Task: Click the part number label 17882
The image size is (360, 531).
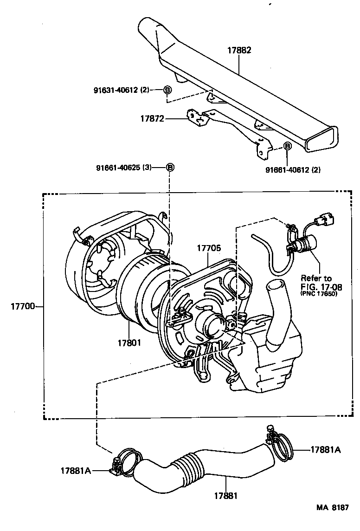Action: pyautogui.click(x=239, y=51)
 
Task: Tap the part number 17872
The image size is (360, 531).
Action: pyautogui.click(x=152, y=119)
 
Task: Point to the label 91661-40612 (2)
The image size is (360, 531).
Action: pyautogui.click(x=293, y=170)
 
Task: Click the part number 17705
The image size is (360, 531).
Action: pyautogui.click(x=208, y=248)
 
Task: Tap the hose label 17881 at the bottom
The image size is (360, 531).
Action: pyautogui.click(x=226, y=496)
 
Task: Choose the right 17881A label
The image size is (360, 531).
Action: pyautogui.click(x=326, y=449)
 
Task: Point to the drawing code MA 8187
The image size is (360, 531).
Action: pyautogui.click(x=332, y=520)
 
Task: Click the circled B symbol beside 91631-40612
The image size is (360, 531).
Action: pyautogui.click(x=167, y=90)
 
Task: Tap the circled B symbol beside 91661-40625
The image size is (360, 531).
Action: pyautogui.click(x=170, y=167)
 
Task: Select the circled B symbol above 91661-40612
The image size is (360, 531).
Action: pyautogui.click(x=287, y=147)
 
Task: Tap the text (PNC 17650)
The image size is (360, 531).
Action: pyautogui.click(x=318, y=294)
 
